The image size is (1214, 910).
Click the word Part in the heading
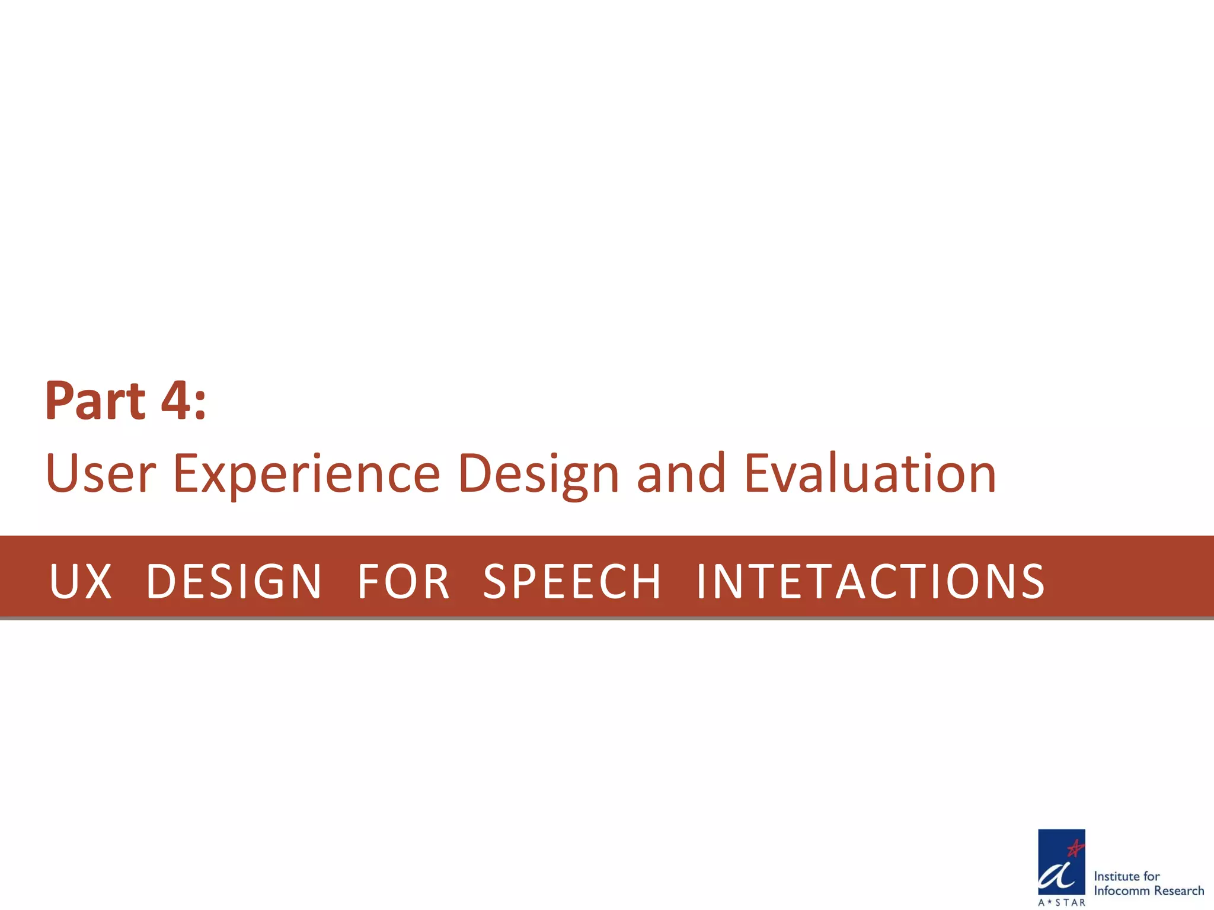pos(95,401)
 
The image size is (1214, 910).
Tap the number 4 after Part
pos(175,401)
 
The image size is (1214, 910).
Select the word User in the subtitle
pos(100,473)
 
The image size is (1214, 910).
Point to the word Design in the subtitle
pos(539,473)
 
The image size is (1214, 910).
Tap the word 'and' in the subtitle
pos(681,473)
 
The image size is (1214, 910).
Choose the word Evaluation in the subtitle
pos(870,473)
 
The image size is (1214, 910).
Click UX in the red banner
pos(81,581)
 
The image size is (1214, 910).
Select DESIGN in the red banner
pos(234,581)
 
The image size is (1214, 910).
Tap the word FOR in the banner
pos(403,581)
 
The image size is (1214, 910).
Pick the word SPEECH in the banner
pos(572,581)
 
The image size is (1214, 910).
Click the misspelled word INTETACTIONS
pos(870,581)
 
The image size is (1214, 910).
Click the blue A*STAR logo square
pos(1061,861)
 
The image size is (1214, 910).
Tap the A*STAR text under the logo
pos(1062,902)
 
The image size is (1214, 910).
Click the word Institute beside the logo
pos(1117,876)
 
